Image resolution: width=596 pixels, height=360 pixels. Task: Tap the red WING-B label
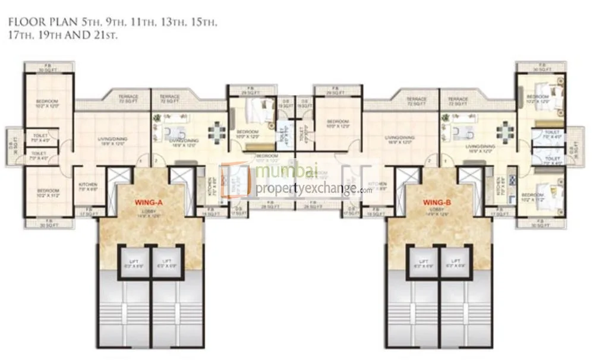438,203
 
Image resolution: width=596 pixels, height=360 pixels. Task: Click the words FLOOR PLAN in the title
35,23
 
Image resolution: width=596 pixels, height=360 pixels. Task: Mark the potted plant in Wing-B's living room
445,119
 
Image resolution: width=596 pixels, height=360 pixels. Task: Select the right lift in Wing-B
456,261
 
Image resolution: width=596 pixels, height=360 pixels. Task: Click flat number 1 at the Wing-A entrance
140,161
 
